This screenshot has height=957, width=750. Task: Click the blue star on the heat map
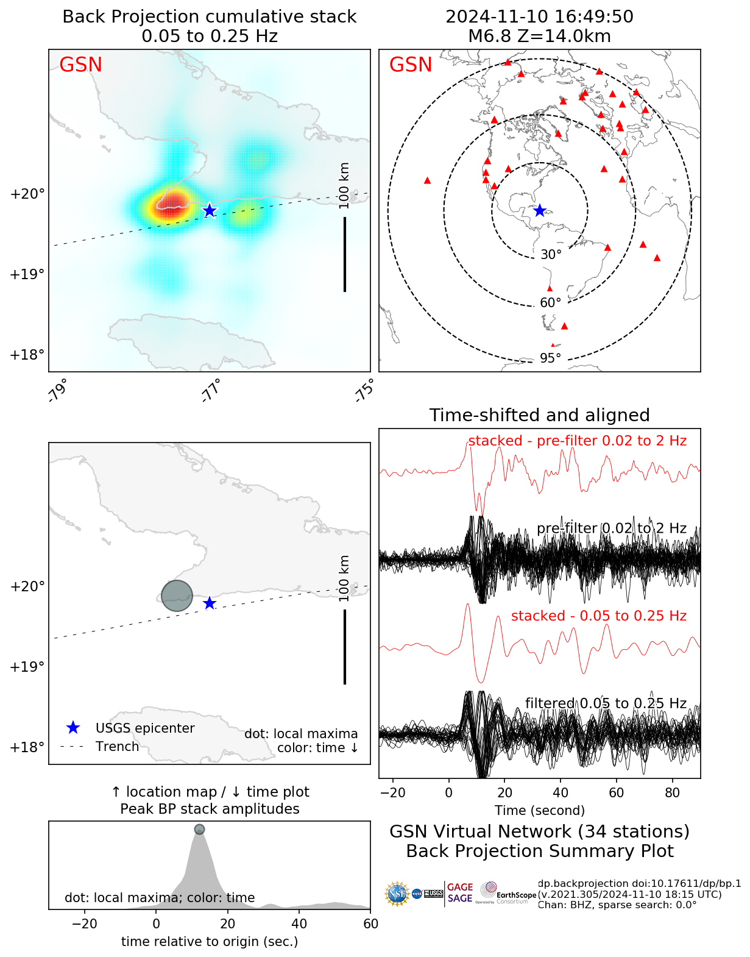pyautogui.click(x=210, y=210)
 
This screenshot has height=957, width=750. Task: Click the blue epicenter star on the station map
pyautogui.click(x=539, y=210)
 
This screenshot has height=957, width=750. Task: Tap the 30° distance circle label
pyautogui.click(x=551, y=255)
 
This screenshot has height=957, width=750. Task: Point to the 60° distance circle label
pyautogui.click(x=551, y=303)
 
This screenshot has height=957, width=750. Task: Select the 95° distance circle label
pyautogui.click(x=551, y=358)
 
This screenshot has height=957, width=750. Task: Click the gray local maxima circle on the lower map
pyautogui.click(x=177, y=596)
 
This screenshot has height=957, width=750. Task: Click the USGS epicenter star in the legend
pyautogui.click(x=73, y=728)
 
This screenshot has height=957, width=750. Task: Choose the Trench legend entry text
pyautogui.click(x=117, y=747)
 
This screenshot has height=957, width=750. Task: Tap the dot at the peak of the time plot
pyautogui.click(x=199, y=829)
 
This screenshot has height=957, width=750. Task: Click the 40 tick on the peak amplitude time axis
pyautogui.click(x=299, y=923)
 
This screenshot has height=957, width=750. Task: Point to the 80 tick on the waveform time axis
pyautogui.click(x=672, y=792)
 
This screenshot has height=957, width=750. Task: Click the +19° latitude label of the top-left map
pyautogui.click(x=27, y=274)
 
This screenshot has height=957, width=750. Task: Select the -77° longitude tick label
pyautogui.click(x=211, y=391)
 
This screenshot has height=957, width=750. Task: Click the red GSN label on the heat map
pyautogui.click(x=80, y=65)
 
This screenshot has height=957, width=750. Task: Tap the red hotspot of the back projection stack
pyautogui.click(x=172, y=201)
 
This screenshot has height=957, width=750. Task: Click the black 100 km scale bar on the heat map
pyautogui.click(x=345, y=254)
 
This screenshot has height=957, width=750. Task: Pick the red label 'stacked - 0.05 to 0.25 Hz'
pyautogui.click(x=598, y=616)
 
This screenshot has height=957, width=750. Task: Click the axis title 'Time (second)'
pyautogui.click(x=539, y=811)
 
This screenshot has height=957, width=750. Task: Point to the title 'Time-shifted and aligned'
pyautogui.click(x=539, y=415)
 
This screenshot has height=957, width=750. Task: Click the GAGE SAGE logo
pyautogui.click(x=460, y=893)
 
